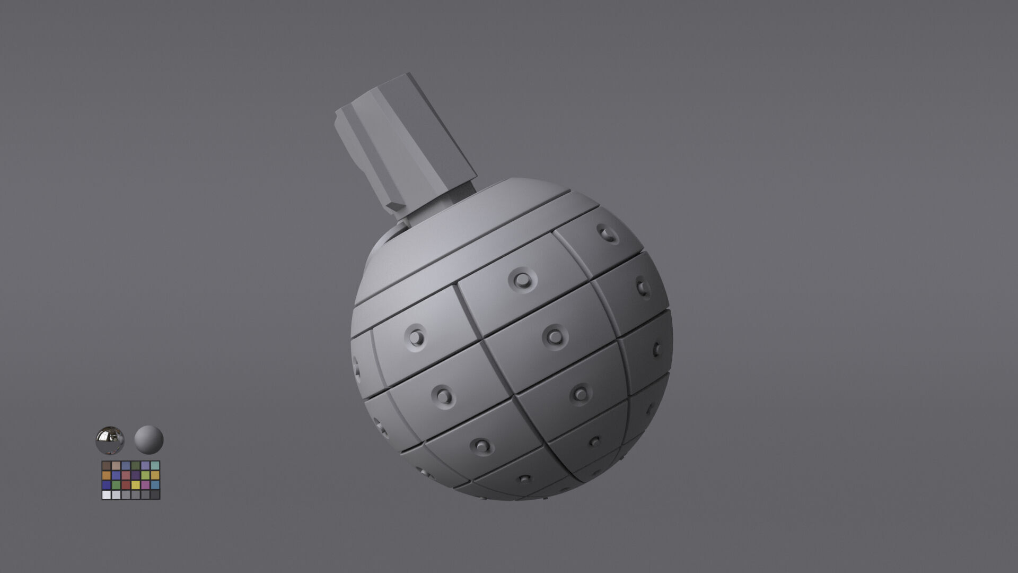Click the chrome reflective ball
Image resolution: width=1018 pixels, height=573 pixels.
coord(110,440)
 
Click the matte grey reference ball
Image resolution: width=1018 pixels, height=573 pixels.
coord(148,439)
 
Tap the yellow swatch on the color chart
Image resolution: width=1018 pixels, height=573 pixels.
coord(136,485)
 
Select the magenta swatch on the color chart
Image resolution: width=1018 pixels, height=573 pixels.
coord(145,485)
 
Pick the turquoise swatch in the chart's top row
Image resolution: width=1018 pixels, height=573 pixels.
coord(155,466)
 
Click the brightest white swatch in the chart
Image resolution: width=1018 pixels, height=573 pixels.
coord(107,494)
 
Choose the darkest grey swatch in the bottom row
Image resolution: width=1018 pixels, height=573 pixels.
coord(155,494)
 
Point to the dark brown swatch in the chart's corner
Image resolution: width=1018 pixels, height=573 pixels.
coord(107,466)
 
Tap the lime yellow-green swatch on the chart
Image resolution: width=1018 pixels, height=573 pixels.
coord(145,475)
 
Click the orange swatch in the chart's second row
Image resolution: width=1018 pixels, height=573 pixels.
coord(107,475)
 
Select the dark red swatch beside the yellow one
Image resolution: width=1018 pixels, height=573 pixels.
coord(126,485)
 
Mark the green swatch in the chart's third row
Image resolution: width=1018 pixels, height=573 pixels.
coord(116,485)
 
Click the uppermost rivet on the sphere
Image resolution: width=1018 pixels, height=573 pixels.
coord(607,232)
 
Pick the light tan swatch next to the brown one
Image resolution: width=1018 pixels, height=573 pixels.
coord(116,466)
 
